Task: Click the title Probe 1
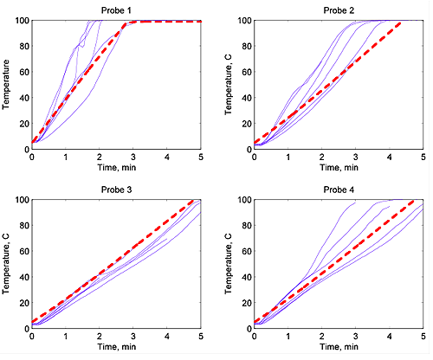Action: (116, 10)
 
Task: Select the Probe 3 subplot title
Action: (116, 190)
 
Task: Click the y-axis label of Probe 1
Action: (7, 84)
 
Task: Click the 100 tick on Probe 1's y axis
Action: (21, 20)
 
